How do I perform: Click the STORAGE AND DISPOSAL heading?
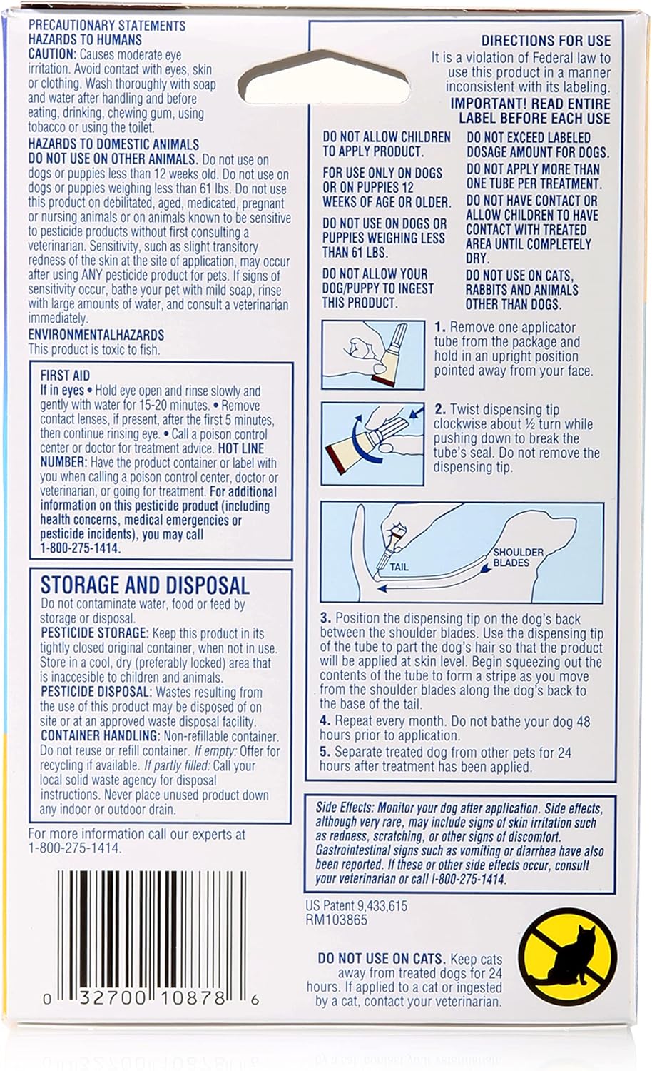click(x=145, y=585)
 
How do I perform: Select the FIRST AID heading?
click(x=65, y=376)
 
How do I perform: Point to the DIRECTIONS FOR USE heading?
click(x=546, y=41)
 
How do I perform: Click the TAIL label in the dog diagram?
click(x=399, y=566)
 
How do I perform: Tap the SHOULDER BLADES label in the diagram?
click(x=518, y=557)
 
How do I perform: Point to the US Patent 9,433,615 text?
click(x=356, y=905)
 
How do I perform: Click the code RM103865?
click(x=337, y=920)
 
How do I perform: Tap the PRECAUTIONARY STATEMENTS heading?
click(x=107, y=26)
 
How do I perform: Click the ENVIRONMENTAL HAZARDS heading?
click(x=96, y=334)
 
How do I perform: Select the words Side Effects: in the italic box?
click(x=345, y=808)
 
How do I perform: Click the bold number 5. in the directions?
click(x=325, y=752)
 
